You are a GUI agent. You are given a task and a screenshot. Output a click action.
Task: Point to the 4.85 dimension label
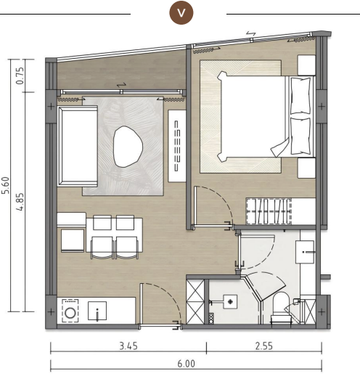[21, 201]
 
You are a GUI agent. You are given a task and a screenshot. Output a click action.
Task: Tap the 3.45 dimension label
[128, 347]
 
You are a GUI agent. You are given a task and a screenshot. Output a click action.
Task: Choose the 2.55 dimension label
[264, 347]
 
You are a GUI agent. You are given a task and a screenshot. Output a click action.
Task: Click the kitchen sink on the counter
[98, 313]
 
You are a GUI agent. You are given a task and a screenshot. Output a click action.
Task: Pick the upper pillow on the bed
[300, 95]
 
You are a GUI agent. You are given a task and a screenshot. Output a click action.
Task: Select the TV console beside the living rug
[177, 145]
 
